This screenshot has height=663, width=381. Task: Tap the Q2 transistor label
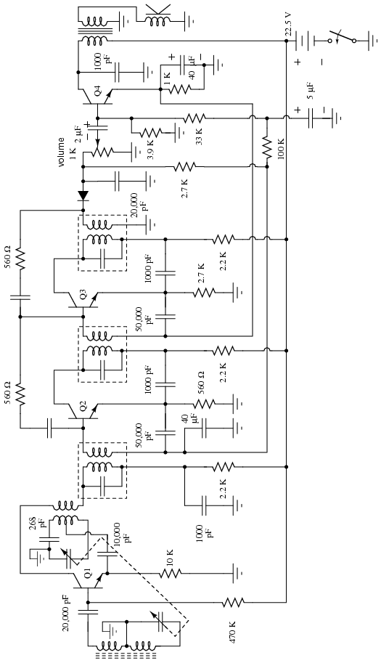[83, 407]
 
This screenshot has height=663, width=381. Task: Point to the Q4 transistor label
[97, 90]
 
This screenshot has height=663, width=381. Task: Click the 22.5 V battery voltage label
[288, 25]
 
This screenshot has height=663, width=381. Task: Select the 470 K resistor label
[233, 632]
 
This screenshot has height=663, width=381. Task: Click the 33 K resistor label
[199, 135]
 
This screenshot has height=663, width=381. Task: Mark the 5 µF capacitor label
[311, 91]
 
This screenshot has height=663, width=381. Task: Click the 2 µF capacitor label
[78, 134]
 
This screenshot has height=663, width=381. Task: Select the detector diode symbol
[83, 195]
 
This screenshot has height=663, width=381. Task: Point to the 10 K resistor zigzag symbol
[171, 574]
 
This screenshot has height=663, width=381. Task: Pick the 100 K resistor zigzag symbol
[267, 147]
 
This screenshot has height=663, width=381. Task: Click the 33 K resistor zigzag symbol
[194, 117]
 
